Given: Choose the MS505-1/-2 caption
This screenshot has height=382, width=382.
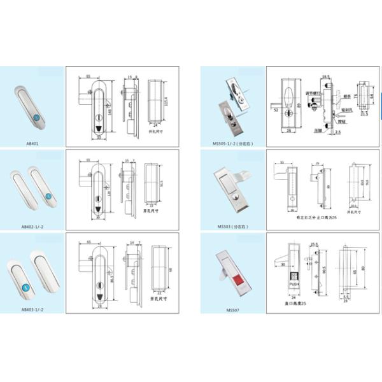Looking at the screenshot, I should pyautogui.click(x=232, y=144).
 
